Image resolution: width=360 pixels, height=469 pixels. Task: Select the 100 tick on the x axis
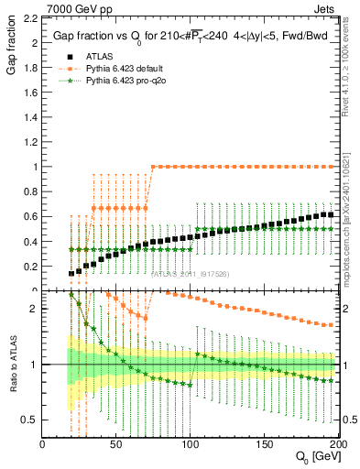point(190,444)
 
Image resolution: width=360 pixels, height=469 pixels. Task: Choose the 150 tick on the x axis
point(263,444)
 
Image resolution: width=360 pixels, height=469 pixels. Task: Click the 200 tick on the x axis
point(335,444)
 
